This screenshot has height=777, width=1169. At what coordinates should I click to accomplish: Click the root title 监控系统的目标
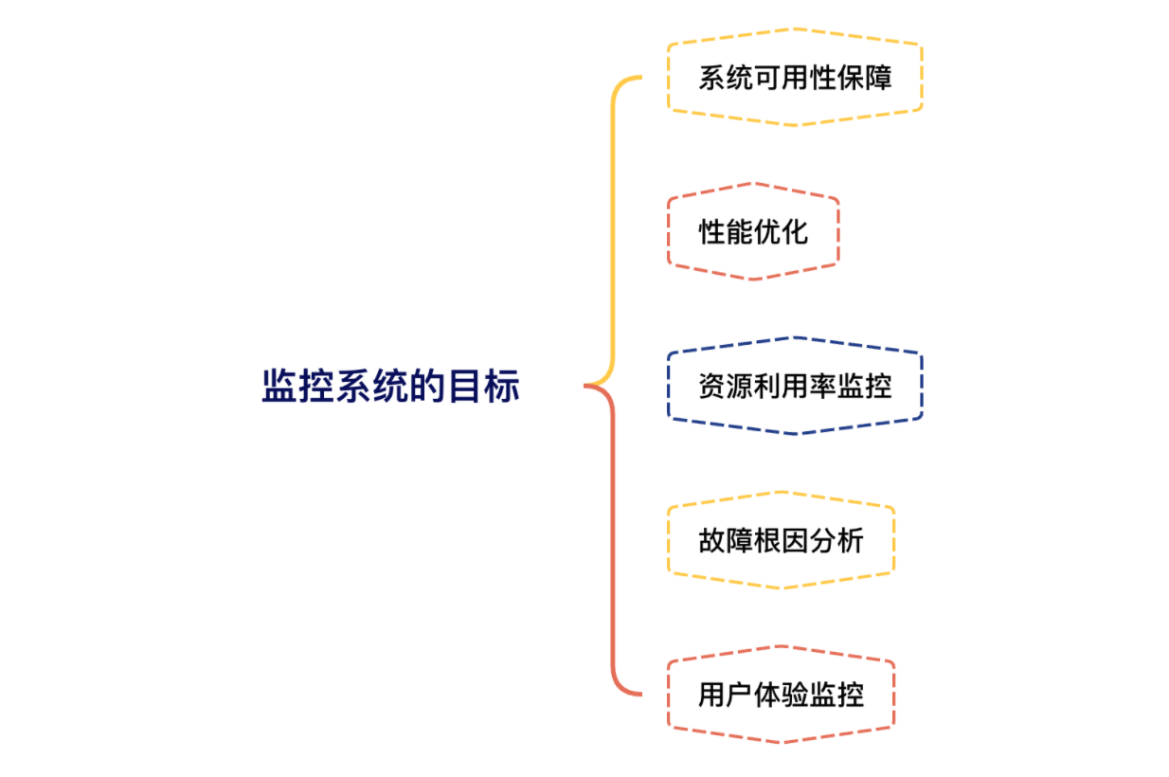tap(390, 387)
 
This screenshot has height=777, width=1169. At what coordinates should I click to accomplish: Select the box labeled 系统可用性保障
tap(795, 78)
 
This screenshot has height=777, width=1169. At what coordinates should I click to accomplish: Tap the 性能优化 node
tap(753, 232)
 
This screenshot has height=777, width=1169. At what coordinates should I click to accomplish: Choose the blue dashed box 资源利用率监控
tap(795, 387)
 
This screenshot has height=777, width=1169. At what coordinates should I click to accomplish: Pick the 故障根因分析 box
tap(781, 541)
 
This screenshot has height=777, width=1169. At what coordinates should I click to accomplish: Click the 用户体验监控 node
tap(781, 696)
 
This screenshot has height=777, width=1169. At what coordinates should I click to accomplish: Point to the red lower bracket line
tap(612, 540)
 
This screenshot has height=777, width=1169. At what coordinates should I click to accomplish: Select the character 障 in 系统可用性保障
tap(878, 78)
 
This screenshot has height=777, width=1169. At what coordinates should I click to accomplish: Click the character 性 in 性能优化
tap(712, 232)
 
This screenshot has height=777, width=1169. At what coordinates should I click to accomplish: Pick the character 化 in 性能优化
tap(795, 232)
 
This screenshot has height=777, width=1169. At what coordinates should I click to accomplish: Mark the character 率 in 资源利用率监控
tap(822, 387)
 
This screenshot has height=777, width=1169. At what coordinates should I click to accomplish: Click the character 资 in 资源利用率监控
tap(712, 387)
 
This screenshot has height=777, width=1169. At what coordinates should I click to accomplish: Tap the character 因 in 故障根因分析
tap(795, 541)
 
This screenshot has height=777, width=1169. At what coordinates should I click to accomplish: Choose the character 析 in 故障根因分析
tap(850, 541)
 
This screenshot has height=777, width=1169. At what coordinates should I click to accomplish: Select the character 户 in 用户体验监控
tap(740, 696)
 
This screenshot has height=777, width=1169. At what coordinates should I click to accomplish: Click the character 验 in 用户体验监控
tap(795, 696)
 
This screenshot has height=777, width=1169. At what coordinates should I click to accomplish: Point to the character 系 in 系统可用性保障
tap(712, 78)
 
